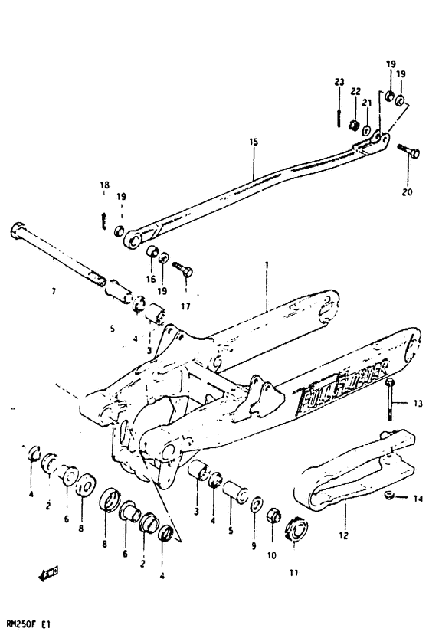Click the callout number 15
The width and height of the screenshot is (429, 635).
(252, 142)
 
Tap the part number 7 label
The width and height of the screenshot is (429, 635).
(54, 292)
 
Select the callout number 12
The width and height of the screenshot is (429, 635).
(342, 535)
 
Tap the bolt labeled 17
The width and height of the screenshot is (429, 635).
(184, 271)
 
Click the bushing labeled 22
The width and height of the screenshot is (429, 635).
(354, 126)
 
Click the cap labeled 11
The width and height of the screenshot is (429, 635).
(296, 532)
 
